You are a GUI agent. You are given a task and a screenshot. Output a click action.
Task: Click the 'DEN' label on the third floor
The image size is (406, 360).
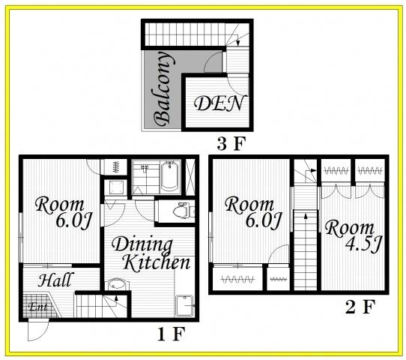219,103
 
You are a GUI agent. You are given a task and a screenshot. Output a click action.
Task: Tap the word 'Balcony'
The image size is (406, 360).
163,89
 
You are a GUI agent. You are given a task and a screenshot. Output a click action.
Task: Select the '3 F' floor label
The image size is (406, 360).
231,144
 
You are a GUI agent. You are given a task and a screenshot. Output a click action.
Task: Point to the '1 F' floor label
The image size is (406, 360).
171,334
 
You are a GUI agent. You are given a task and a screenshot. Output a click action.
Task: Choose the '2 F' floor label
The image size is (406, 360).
360,307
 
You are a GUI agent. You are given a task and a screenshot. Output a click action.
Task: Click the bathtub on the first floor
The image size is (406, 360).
169,175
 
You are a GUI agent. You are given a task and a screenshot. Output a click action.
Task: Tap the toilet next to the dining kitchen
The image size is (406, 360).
184,211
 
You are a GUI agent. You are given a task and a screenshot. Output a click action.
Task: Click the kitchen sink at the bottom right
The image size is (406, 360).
184,305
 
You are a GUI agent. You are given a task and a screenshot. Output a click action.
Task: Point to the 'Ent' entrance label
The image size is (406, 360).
38,307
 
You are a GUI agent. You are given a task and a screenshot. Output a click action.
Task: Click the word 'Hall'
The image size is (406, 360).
55,280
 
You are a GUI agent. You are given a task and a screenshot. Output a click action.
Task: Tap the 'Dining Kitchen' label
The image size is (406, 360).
151,253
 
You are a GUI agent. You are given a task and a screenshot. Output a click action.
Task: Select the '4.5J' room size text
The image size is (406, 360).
363,244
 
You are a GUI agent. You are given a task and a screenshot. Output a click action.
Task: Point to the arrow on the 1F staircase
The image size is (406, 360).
116,298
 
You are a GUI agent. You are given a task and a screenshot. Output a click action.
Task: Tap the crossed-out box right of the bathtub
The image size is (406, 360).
190,177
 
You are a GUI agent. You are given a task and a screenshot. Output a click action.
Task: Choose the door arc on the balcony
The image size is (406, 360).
213,61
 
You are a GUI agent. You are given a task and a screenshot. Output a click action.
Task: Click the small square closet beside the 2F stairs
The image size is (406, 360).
278,279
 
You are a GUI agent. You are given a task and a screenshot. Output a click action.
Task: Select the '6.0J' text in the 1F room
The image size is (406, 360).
74,220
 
